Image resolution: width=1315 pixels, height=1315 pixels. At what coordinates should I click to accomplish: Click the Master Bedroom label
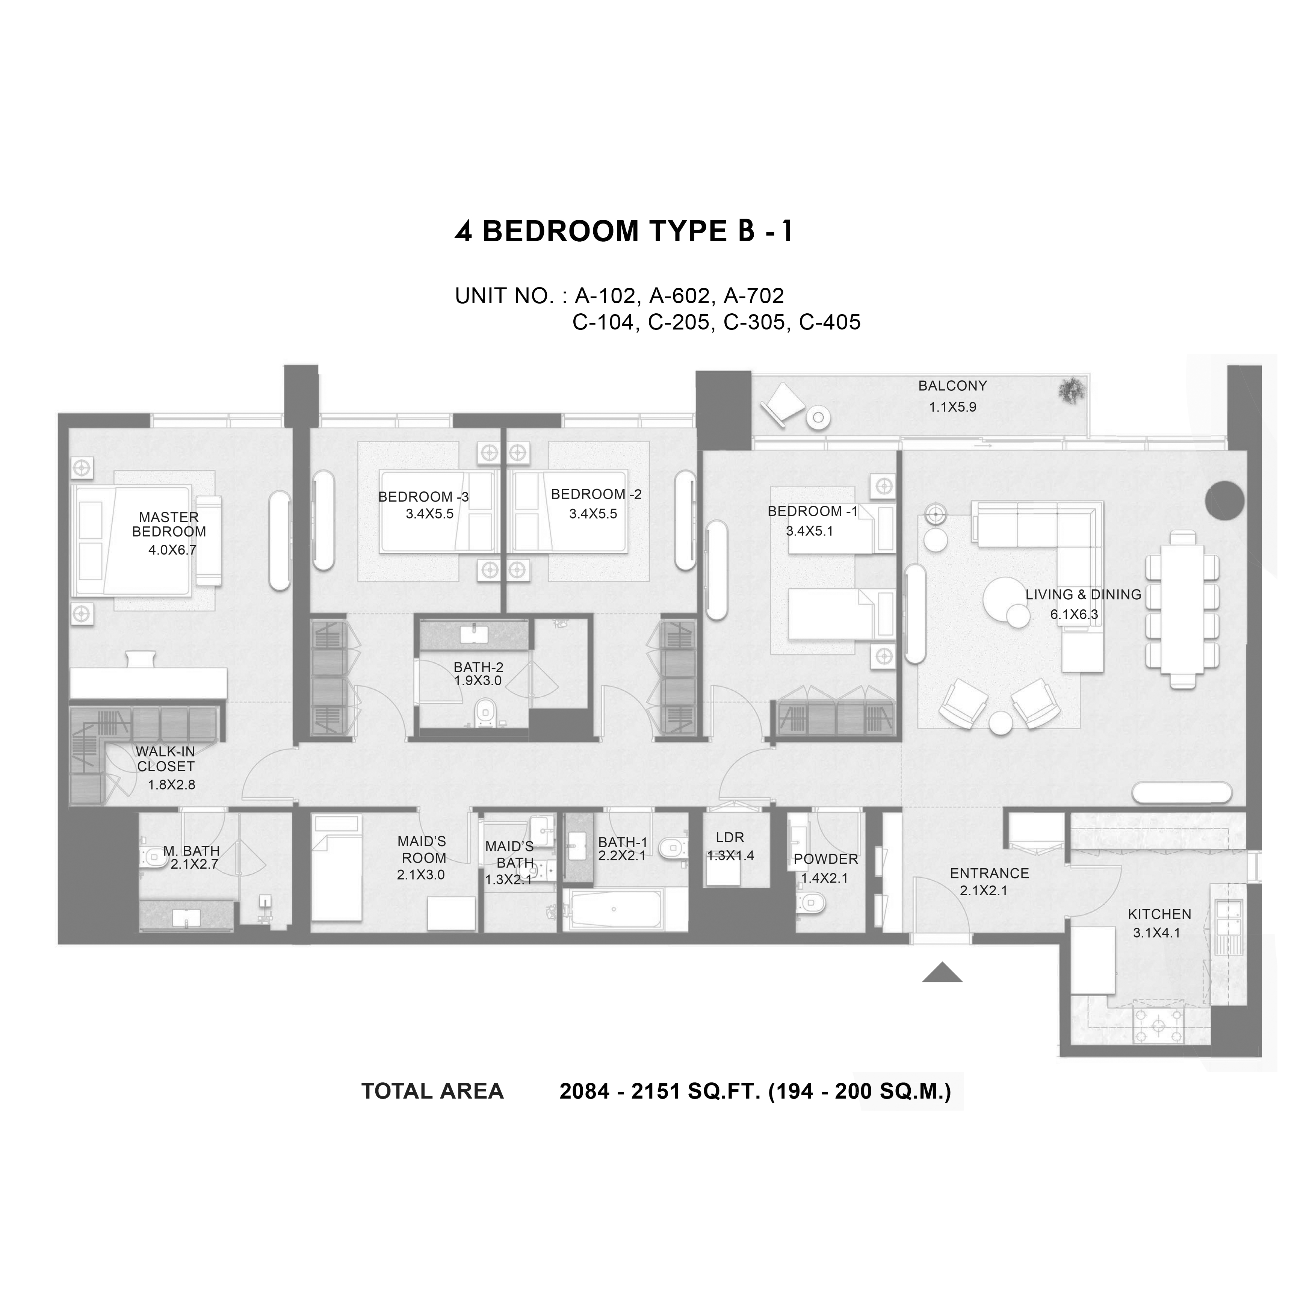[x=169, y=525]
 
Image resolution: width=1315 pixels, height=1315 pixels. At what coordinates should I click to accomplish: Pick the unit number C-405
[x=830, y=322]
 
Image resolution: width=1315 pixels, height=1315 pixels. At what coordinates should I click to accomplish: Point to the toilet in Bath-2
[x=485, y=712]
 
